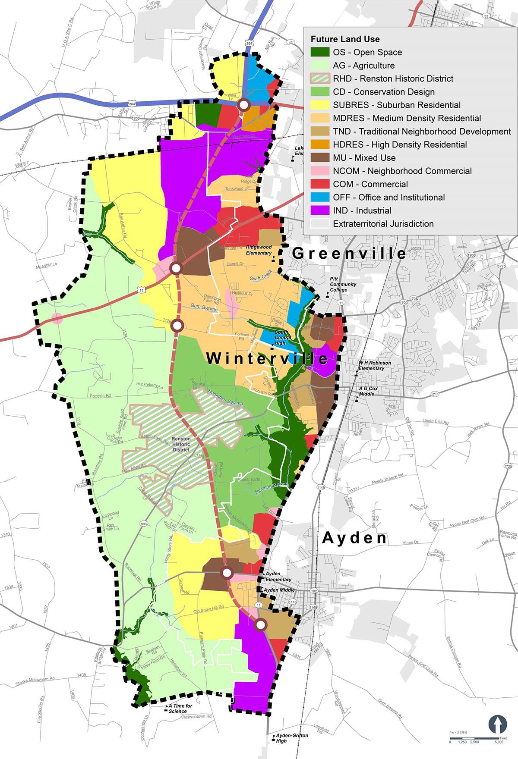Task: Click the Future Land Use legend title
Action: coord(345,39)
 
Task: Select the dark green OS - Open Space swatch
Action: coord(320,53)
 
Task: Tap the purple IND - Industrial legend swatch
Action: coord(320,211)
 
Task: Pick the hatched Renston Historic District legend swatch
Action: coord(320,79)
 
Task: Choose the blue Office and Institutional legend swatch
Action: coord(320,198)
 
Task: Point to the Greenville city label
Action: coord(349,253)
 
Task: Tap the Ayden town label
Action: coord(354,538)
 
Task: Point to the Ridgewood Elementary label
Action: coord(259,250)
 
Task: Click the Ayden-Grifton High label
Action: coord(293,738)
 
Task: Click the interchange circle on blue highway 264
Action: coord(244,105)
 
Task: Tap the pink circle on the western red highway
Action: coord(57,319)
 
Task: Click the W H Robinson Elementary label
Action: coord(374,366)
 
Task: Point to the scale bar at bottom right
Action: coord(475,739)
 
